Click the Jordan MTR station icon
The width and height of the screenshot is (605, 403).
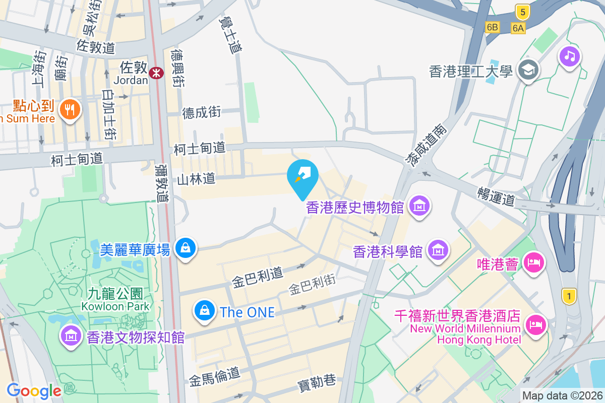[156, 73]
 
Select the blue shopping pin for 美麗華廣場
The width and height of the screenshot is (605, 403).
[186, 248]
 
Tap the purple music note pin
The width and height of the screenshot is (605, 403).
[570, 55]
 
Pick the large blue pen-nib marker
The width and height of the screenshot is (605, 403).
[302, 176]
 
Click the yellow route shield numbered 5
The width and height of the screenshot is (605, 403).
[522, 12]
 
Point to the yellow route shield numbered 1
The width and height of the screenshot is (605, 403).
[569, 297]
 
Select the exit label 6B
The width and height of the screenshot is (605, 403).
[493, 28]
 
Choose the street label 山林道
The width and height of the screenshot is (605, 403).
[196, 178]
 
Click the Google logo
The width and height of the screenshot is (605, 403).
[34, 390]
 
